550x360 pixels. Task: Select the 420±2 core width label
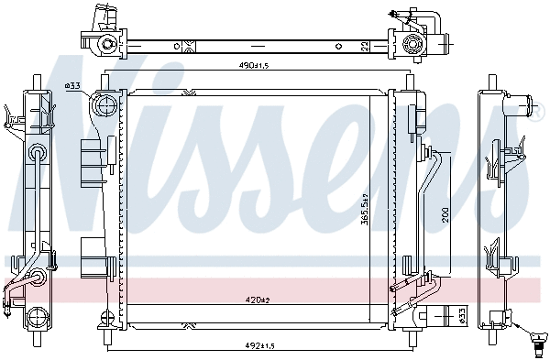click(x=256, y=298)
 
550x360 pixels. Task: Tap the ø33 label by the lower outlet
click(x=461, y=316)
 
